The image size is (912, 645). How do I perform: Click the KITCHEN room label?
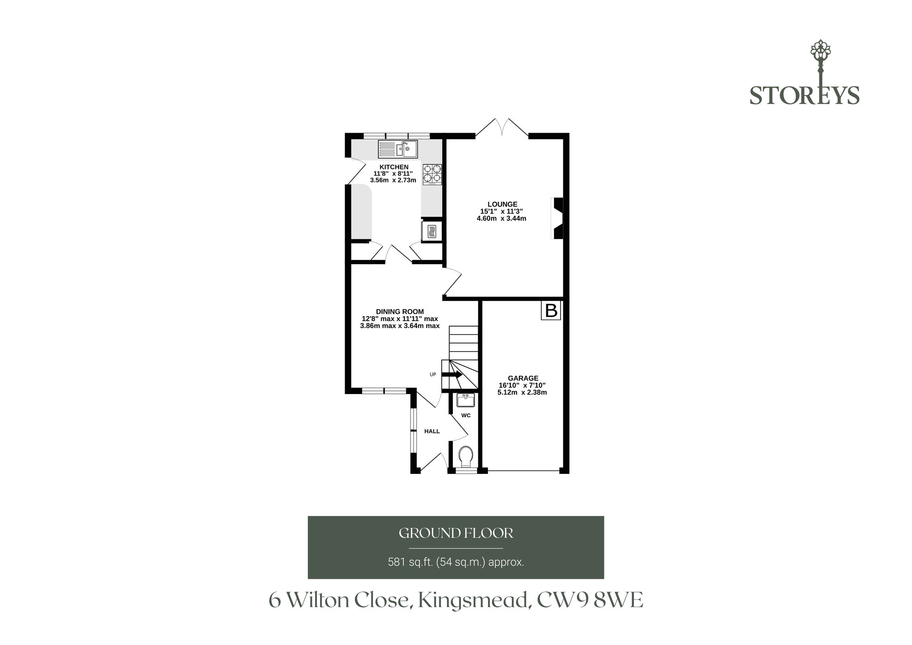(x=394, y=167)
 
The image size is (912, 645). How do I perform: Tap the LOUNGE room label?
(x=502, y=204)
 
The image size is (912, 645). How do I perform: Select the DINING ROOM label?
(x=400, y=312)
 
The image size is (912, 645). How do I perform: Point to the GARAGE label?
(x=523, y=378)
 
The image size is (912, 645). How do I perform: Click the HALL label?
(x=432, y=431)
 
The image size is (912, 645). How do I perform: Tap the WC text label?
(x=466, y=416)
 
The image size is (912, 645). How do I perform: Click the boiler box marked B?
(x=551, y=311)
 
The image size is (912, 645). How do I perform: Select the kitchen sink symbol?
(x=398, y=149)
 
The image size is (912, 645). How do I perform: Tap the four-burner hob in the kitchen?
(x=432, y=174)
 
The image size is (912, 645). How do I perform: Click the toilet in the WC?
(x=466, y=457)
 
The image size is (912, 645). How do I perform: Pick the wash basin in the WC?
(x=466, y=400)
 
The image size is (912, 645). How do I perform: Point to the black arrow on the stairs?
(x=452, y=375)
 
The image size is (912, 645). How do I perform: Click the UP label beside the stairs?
(x=433, y=375)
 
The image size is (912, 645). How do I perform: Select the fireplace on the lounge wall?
(x=558, y=218)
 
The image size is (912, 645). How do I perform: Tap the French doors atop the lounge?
(x=502, y=127)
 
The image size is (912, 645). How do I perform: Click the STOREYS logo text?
(x=804, y=95)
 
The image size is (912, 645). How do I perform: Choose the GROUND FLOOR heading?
(x=456, y=533)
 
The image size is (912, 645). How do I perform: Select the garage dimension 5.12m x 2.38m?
(x=522, y=392)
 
